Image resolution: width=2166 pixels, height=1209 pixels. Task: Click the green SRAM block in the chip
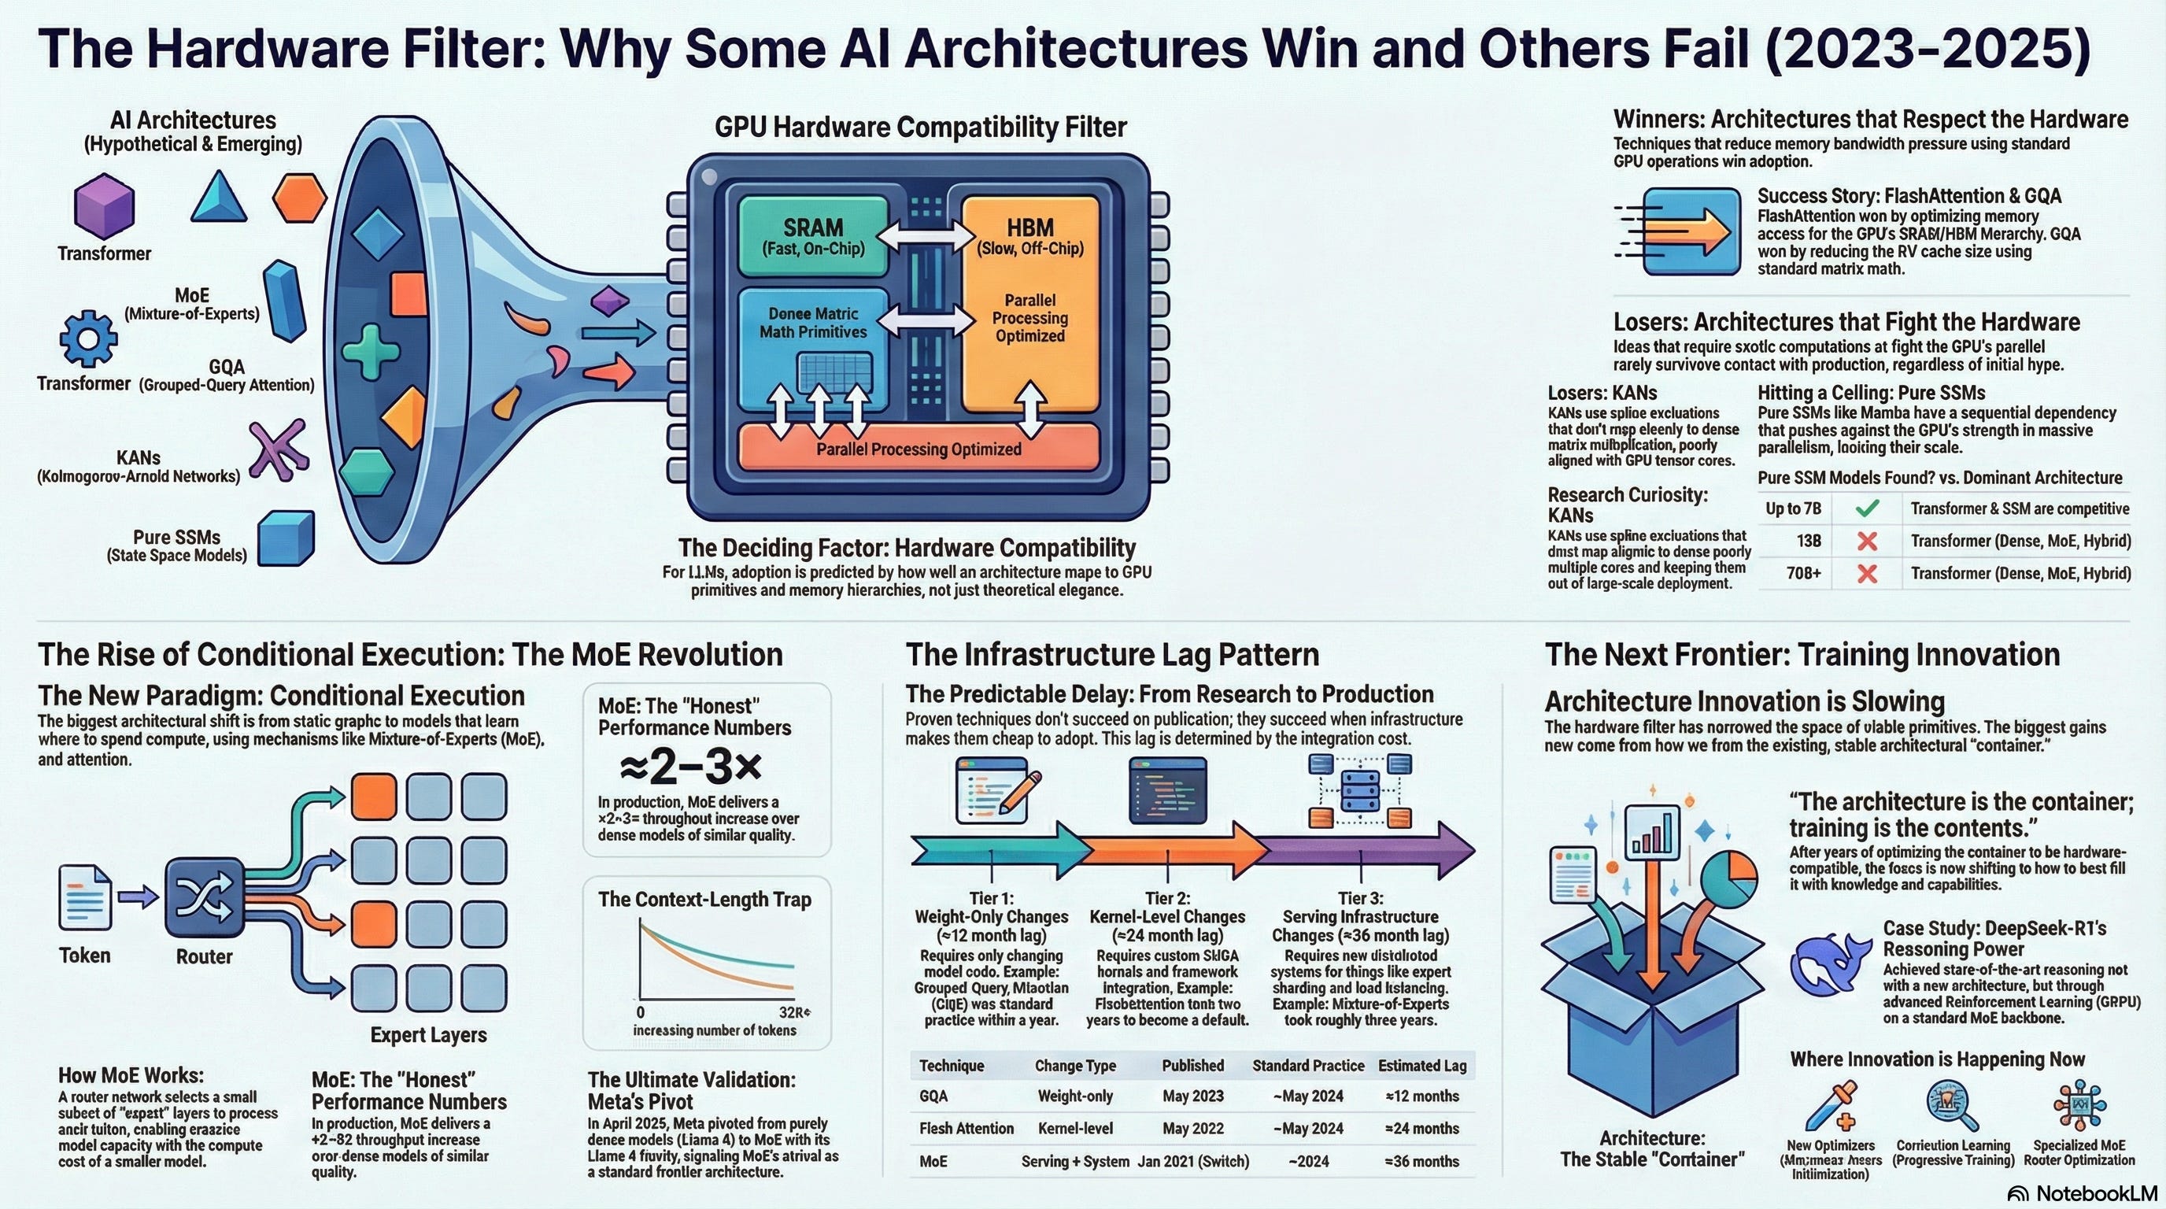click(x=812, y=235)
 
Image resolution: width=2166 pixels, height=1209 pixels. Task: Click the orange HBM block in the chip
click(x=1030, y=303)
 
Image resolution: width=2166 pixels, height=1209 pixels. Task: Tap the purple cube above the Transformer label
click(x=104, y=206)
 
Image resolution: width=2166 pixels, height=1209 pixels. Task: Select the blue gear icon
click(x=88, y=338)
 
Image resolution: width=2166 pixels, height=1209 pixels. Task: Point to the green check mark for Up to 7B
click(x=1867, y=508)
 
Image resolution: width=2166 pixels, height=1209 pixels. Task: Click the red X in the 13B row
click(x=1867, y=542)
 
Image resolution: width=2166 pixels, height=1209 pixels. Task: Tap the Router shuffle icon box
click(x=205, y=898)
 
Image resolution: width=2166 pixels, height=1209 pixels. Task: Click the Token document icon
click(x=85, y=898)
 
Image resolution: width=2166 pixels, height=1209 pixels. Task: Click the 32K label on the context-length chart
click(x=793, y=1012)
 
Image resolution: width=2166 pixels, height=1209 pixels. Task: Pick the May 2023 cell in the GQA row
click(x=1192, y=1096)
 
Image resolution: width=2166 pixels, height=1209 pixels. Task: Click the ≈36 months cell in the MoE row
click(x=1422, y=1161)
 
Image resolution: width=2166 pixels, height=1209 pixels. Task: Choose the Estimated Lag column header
click(x=1422, y=1065)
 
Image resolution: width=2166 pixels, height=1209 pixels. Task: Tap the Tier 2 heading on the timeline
click(x=1168, y=898)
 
